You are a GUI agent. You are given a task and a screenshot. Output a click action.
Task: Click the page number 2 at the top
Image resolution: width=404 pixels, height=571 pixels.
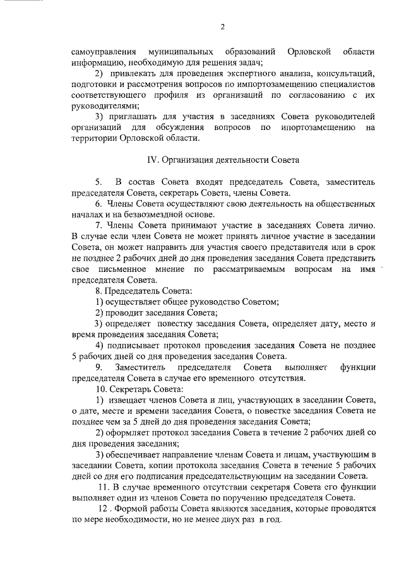[223, 26]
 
